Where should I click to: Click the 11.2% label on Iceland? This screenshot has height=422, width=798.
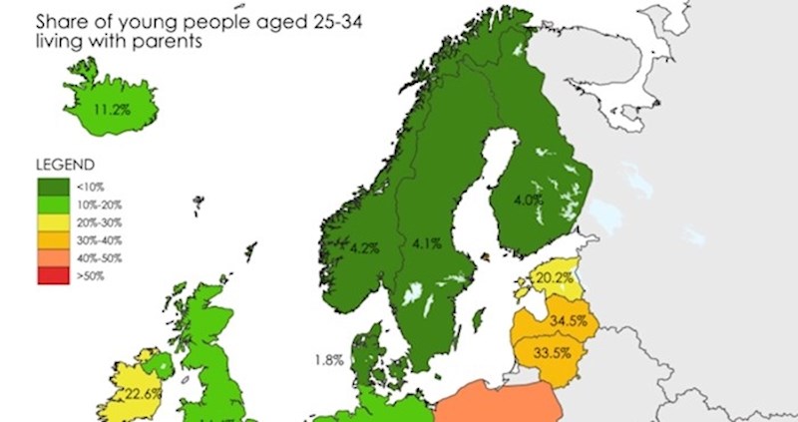[111, 109]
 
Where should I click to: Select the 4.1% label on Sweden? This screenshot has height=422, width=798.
[419, 241]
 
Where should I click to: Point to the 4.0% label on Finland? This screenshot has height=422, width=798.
[527, 200]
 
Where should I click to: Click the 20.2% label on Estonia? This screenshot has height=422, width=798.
[553, 276]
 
